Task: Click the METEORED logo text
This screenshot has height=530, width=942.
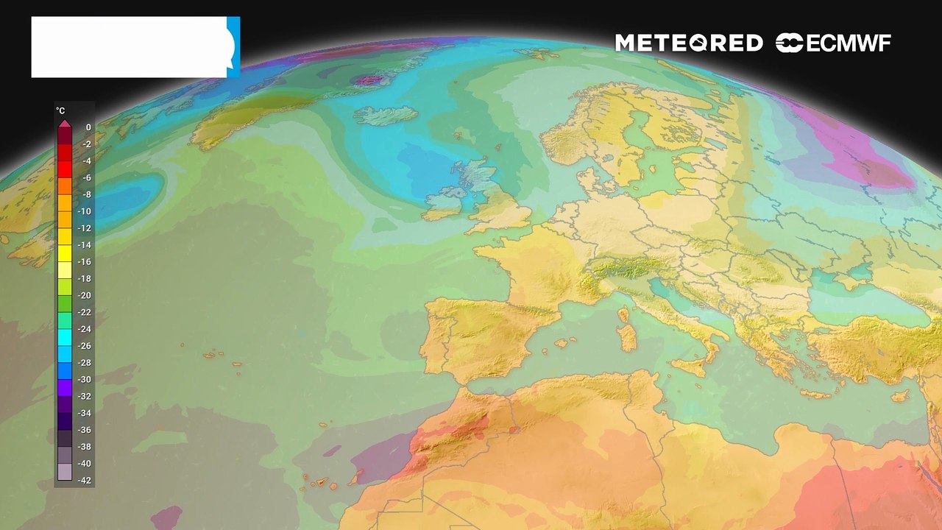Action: pos(688,43)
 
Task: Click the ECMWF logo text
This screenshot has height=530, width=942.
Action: pos(833,43)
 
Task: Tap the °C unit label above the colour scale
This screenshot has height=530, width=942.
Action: pos(60,110)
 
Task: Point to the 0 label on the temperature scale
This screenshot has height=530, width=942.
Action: pos(88,127)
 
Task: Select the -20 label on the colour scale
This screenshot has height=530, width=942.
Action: pos(85,295)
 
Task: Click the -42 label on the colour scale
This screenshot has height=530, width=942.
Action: pos(85,481)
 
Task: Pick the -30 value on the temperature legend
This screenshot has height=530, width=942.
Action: pos(85,379)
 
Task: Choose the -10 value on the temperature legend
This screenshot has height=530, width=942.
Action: pos(85,211)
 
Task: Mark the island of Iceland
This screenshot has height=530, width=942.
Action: pos(386,116)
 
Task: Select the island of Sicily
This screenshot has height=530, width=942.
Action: pos(692,367)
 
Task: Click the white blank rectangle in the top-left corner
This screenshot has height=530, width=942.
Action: pos(129,47)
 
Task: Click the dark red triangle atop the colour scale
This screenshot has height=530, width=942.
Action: pos(65,123)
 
